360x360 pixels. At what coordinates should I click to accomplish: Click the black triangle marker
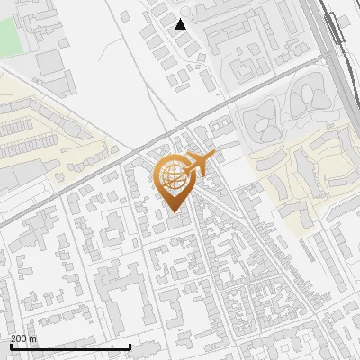coord(181,24)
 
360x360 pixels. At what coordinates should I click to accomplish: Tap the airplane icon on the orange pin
coord(198,165)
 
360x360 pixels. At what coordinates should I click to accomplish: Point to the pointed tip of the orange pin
coord(174,213)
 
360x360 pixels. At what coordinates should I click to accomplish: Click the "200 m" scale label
coord(24,338)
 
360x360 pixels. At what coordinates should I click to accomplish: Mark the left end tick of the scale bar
coord(11,346)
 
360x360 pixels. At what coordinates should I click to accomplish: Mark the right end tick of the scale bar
coord(130,346)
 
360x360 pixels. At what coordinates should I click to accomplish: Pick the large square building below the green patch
coord(50,63)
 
